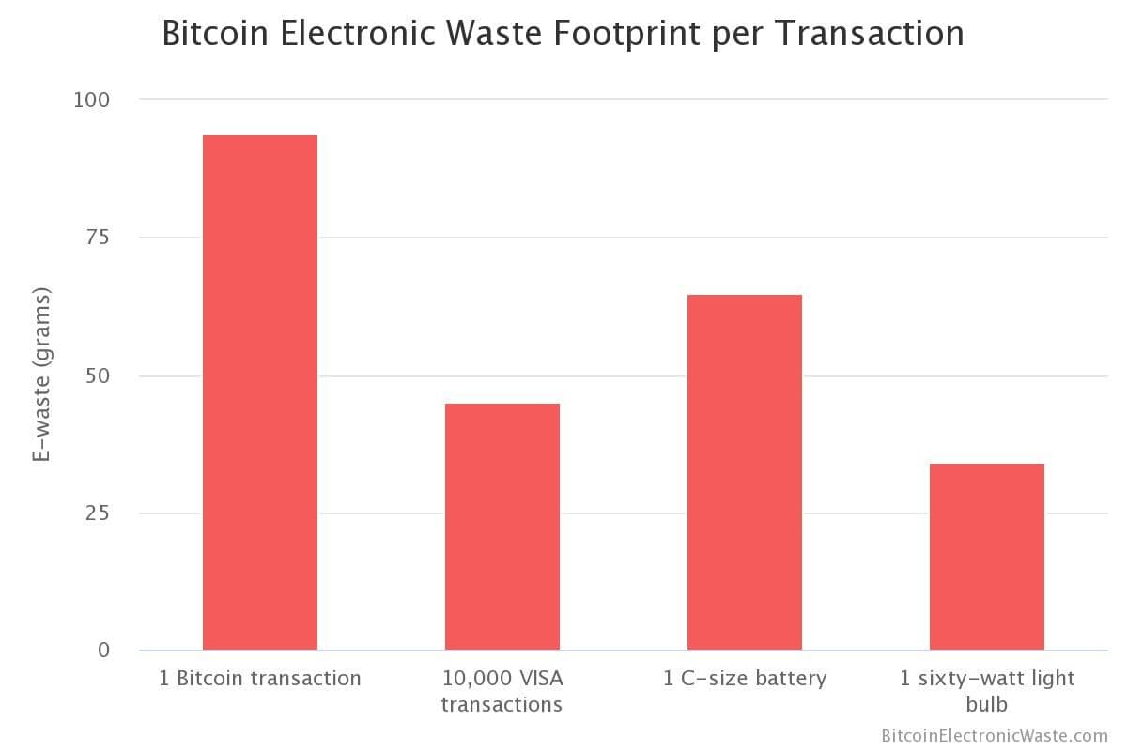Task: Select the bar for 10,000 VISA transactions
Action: click(x=502, y=527)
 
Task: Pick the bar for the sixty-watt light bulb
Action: click(x=987, y=557)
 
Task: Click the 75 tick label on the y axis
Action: click(x=99, y=238)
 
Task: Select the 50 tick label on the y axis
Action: click(x=98, y=375)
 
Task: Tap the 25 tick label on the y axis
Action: click(x=99, y=513)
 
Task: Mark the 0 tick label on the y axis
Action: click(x=104, y=651)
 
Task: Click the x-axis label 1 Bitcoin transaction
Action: click(x=260, y=679)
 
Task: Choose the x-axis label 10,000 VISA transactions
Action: click(x=502, y=691)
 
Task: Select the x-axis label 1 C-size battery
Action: click(x=745, y=679)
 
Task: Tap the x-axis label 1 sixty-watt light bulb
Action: click(x=987, y=691)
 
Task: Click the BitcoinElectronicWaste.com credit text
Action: click(x=995, y=736)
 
